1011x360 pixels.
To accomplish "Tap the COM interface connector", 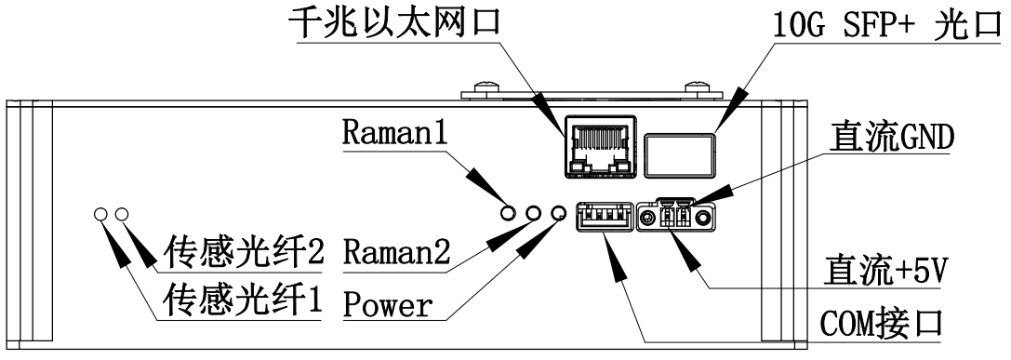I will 603,219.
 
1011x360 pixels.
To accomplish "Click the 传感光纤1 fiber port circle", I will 100,215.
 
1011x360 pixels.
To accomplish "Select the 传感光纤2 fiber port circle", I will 122,215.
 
